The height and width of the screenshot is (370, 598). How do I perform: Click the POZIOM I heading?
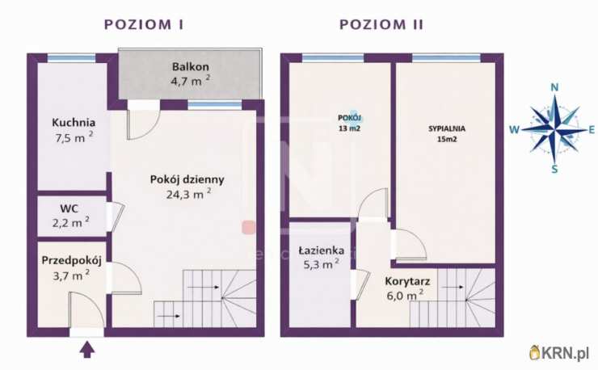pyautogui.click(x=144, y=24)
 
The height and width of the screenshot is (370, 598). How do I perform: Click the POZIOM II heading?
pyautogui.click(x=381, y=24)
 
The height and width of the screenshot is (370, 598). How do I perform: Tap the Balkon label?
pyautogui.click(x=191, y=66)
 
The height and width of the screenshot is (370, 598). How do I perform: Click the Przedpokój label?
pyautogui.click(x=72, y=260)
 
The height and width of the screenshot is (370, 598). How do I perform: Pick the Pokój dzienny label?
pyautogui.click(x=187, y=179)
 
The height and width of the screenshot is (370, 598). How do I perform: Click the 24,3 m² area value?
pyautogui.click(x=187, y=193)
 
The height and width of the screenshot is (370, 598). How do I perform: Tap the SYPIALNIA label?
pyautogui.click(x=446, y=128)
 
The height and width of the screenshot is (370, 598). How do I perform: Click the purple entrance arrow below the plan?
pyautogui.click(x=87, y=349)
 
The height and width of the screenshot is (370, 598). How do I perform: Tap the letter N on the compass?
pyautogui.click(x=554, y=87)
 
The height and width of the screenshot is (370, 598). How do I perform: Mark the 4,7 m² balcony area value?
pyautogui.click(x=191, y=81)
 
